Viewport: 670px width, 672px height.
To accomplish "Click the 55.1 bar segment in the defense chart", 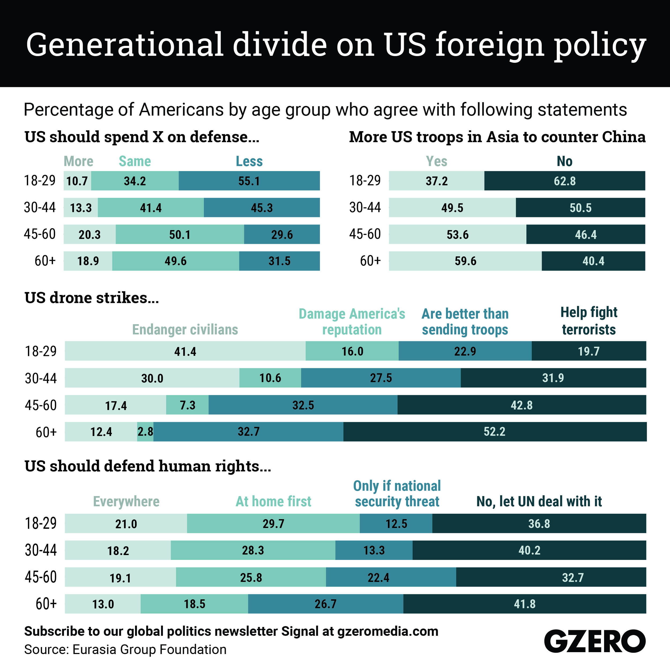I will [249, 181].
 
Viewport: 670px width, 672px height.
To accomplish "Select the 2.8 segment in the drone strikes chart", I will [145, 432].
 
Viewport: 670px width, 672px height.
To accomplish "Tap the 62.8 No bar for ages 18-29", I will [564, 181].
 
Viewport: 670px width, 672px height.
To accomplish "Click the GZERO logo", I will [595, 641].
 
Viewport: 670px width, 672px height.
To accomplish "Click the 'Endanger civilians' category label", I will [185, 329].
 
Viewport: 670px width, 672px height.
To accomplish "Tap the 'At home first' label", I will [273, 501].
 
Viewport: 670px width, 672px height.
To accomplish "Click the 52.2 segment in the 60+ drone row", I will [494, 432].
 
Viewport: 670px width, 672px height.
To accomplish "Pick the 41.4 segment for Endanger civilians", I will [185, 351].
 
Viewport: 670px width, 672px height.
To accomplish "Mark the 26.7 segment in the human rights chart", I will [325, 604].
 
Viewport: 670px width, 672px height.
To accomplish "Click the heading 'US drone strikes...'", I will [92, 298].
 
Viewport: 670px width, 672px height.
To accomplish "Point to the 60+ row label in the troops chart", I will [370, 261].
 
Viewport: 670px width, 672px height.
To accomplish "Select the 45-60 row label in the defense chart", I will [40, 234].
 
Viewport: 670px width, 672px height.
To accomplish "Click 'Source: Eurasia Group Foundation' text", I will [125, 649].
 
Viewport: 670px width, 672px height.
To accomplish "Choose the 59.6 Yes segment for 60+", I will [465, 261].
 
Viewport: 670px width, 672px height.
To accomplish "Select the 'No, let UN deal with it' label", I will [539, 501].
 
